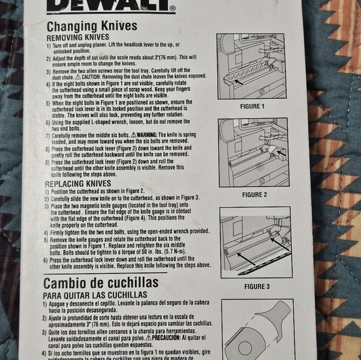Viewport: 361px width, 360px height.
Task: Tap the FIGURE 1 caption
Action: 251,106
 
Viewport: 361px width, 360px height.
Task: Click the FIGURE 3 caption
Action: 256,287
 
